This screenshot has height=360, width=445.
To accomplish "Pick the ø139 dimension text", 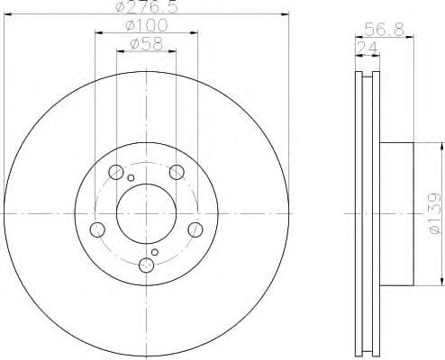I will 433,212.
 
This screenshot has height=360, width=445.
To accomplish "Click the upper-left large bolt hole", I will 115,172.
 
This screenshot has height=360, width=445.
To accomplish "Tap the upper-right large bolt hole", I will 177,172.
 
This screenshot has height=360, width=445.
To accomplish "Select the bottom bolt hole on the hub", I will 147,265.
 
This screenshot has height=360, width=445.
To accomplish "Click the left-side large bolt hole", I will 96,229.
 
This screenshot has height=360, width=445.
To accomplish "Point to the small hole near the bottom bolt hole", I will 155,252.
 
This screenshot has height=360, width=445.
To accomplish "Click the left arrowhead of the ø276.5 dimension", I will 6,15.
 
